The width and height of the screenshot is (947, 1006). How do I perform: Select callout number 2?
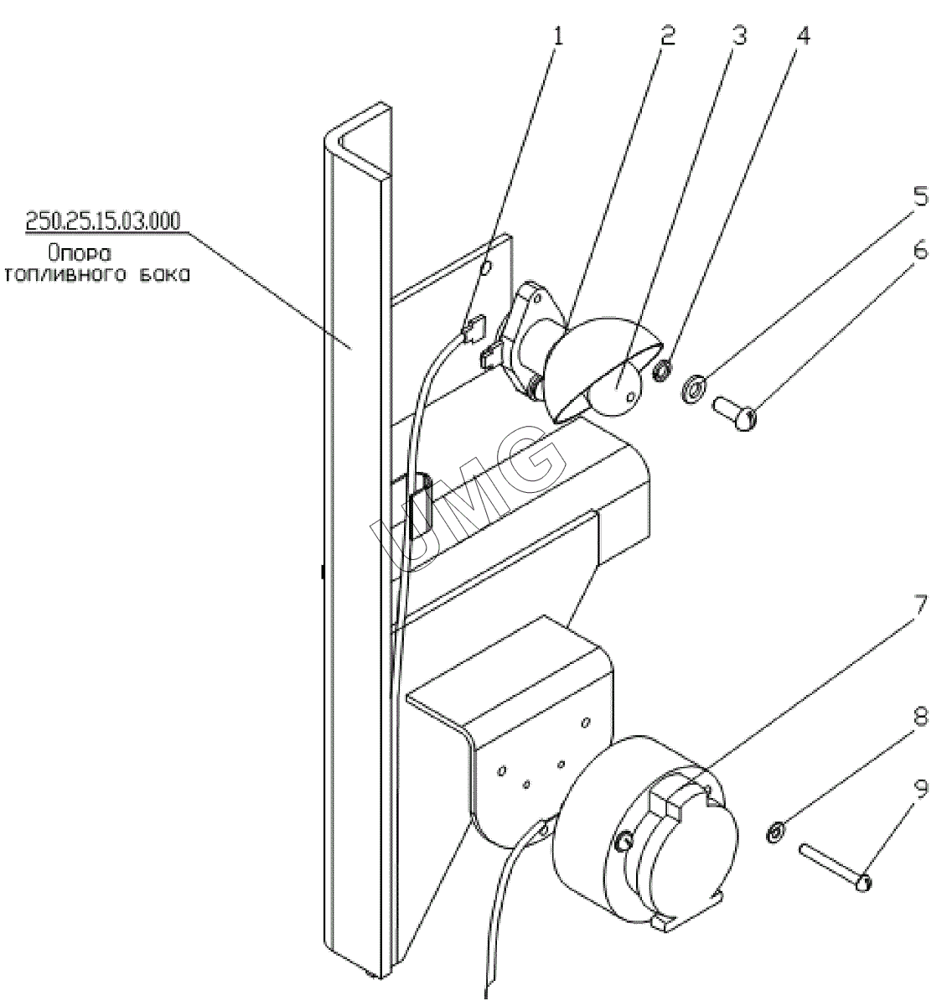click(666, 38)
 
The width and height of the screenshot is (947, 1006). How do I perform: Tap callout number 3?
click(738, 38)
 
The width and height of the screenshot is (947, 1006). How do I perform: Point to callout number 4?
click(803, 38)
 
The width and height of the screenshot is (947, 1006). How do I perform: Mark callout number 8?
click(919, 721)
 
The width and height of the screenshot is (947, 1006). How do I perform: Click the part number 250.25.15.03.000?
click(104, 221)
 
